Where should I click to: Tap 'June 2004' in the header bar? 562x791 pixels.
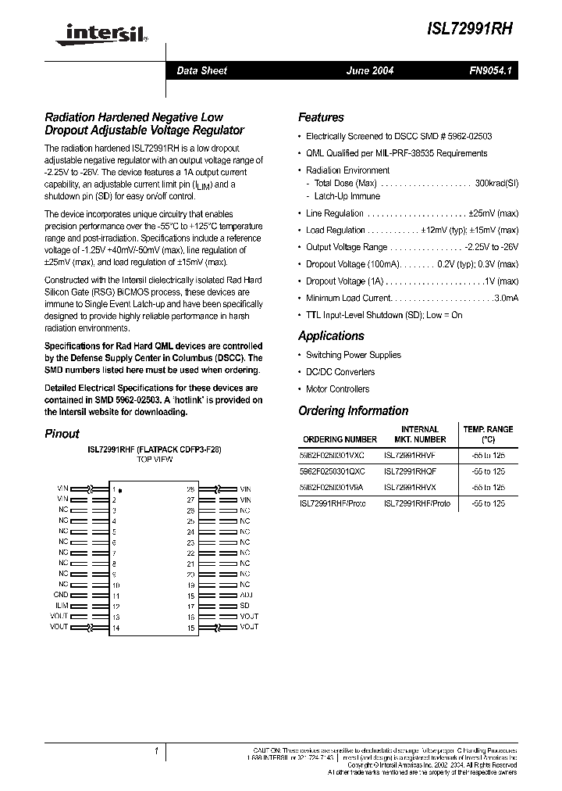point(370,71)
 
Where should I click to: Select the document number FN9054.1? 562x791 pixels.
point(489,71)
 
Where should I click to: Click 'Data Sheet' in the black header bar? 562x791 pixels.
point(201,71)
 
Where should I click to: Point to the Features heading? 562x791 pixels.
point(321,118)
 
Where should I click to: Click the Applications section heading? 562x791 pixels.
point(331,336)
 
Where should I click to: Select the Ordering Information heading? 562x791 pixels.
point(353,411)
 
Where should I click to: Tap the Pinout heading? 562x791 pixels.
point(62,434)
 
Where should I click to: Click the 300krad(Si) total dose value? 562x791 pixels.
point(496,183)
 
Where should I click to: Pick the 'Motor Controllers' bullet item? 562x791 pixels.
point(337,389)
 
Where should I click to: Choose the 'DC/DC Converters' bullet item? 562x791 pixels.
point(340,372)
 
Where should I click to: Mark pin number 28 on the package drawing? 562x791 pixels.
point(190,489)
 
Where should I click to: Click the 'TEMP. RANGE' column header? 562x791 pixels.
point(488,430)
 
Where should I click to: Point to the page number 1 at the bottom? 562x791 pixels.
point(156,752)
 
